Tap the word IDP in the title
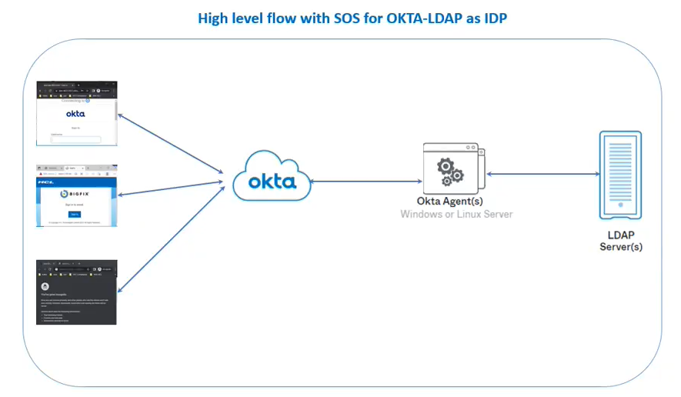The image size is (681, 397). [492, 18]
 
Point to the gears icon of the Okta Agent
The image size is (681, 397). [449, 172]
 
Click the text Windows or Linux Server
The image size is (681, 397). [456, 214]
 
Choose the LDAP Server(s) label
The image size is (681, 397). [620, 241]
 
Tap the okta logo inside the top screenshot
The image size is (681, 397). [75, 113]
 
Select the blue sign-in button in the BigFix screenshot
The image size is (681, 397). [75, 214]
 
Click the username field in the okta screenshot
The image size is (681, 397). [75, 139]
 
